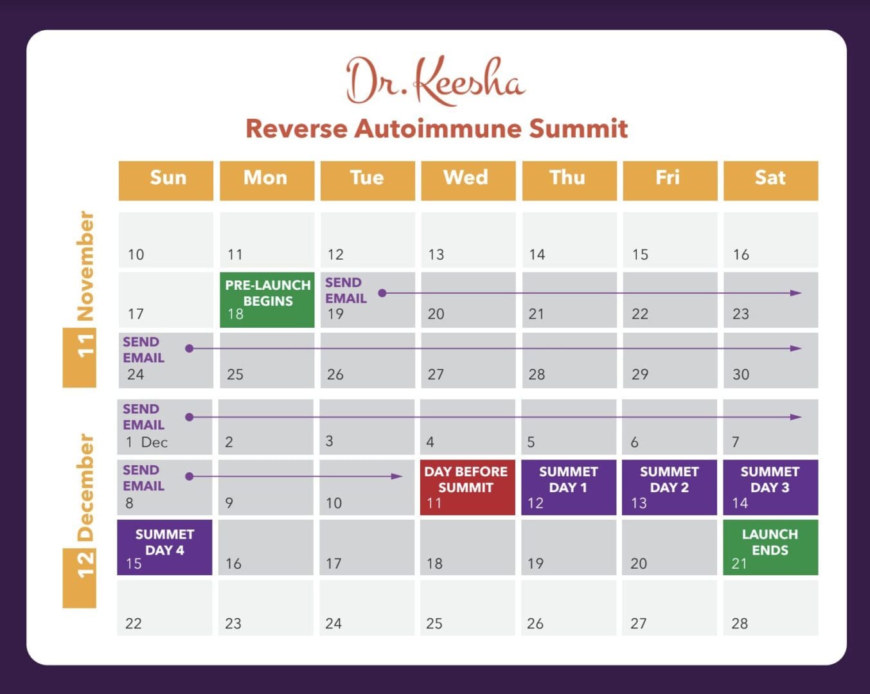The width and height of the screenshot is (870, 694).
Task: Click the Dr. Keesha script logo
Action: (436, 80)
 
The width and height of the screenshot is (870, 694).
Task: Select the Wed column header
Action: (468, 181)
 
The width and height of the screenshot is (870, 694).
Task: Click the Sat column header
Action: (770, 181)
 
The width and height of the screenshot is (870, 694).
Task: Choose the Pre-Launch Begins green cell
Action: (267, 299)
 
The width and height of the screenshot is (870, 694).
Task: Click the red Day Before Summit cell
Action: (467, 487)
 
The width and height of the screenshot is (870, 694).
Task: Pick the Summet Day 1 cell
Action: (569, 487)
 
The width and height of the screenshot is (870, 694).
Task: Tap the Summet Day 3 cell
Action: (770, 487)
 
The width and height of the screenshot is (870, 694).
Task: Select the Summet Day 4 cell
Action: (164, 547)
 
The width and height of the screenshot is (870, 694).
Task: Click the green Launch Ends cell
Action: (770, 547)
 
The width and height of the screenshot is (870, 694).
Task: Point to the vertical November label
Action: (85, 265)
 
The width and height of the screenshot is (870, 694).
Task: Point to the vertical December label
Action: (85, 487)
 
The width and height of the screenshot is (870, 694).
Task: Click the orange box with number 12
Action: (79, 578)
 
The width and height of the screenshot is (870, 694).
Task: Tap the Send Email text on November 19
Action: (346, 290)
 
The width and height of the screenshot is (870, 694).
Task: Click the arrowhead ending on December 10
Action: (397, 476)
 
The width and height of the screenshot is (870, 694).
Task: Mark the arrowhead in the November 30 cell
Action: (795, 348)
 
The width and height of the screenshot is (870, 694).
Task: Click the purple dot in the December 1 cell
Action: (189, 417)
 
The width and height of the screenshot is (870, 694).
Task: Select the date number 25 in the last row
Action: (434, 623)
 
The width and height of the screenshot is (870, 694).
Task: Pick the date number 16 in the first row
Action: (741, 255)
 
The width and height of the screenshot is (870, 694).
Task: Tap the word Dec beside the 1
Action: (154, 442)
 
